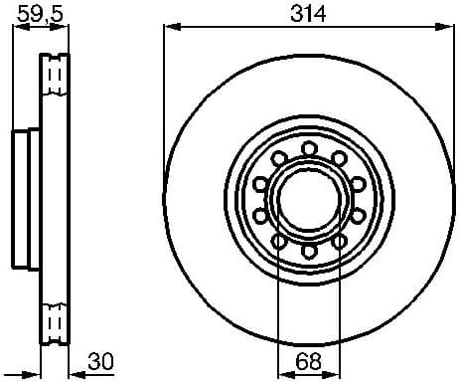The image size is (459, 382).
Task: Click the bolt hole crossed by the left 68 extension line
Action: [x=278, y=240]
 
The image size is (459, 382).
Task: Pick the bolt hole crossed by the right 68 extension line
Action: [x=338, y=240]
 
